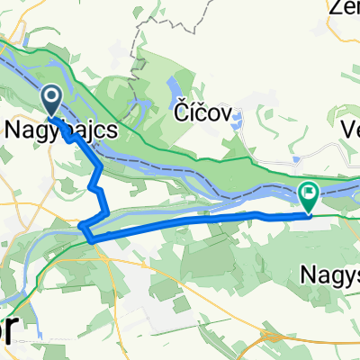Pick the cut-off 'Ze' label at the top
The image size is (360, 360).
346,8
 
